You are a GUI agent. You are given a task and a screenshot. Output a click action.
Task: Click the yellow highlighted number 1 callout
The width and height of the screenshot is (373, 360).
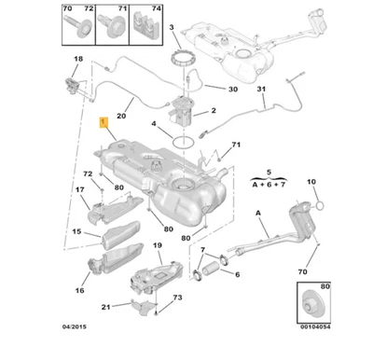(104, 121)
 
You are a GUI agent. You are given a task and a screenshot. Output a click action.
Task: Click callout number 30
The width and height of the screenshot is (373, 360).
(232, 90)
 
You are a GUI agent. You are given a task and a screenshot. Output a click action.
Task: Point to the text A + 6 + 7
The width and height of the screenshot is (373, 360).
(268, 185)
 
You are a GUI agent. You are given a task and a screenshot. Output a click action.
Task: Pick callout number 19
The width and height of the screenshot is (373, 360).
(158, 245)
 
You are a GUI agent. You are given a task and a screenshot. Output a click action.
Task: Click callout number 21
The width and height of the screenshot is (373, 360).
(106, 307)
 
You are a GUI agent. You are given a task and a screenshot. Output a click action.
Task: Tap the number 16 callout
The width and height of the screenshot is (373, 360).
(79, 292)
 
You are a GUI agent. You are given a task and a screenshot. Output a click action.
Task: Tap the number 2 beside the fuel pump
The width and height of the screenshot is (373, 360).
(213, 111)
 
